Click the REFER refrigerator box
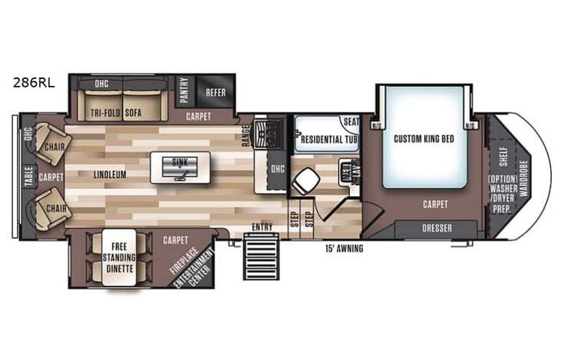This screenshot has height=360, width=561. [214, 92]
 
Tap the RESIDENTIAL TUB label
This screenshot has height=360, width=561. [329, 140]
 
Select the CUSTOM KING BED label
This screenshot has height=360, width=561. [421, 139]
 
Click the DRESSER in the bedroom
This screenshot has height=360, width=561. [437, 229]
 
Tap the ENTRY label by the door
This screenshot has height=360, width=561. [262, 226]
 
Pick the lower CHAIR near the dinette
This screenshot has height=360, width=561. [54, 207]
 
